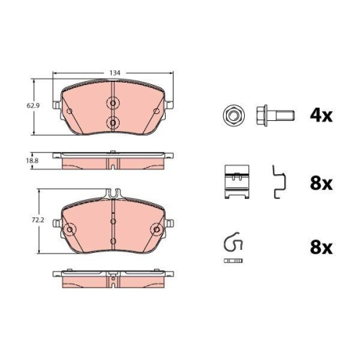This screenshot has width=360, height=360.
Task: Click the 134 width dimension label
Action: [x=114, y=73]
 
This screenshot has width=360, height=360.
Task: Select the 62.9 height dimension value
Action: [x=33, y=105]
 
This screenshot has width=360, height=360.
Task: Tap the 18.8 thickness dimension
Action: [x=32, y=161]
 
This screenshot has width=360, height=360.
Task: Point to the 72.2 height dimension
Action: [x=38, y=220]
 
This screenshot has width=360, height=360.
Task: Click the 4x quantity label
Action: [x=321, y=116]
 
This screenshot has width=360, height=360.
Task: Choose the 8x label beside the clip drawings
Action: [x=321, y=184]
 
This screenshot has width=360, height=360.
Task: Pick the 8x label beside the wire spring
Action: [x=321, y=248]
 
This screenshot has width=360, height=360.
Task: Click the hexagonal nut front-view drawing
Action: [x=233, y=116]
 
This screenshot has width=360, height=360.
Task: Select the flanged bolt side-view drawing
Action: [x=275, y=116]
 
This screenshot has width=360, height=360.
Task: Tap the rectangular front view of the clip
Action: [x=237, y=181]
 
